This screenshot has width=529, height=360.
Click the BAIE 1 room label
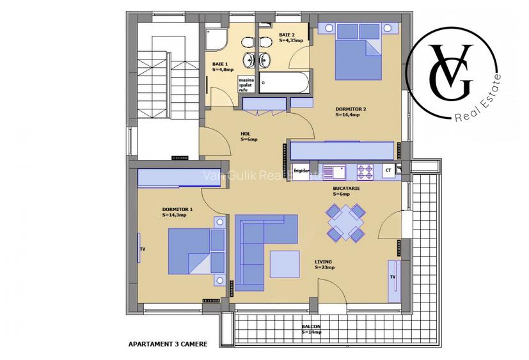tap(223, 66)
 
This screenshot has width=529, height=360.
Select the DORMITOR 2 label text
tap(351, 112)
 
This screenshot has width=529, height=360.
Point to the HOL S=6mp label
tap(248, 136)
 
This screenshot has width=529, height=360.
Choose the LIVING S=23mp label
tap(324, 264)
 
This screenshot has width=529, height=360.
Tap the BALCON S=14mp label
tap(312, 329)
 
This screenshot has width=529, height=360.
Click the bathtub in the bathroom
tap(287, 84)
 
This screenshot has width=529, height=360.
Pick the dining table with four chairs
tap(345, 223)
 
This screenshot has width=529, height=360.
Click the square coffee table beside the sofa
tap(285, 263)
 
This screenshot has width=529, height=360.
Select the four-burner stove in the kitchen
tap(365, 171)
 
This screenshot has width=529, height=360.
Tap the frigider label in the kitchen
tap(302, 171)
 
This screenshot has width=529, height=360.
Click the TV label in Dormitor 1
tap(143, 249)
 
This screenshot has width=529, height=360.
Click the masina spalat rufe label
tap(246, 84)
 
